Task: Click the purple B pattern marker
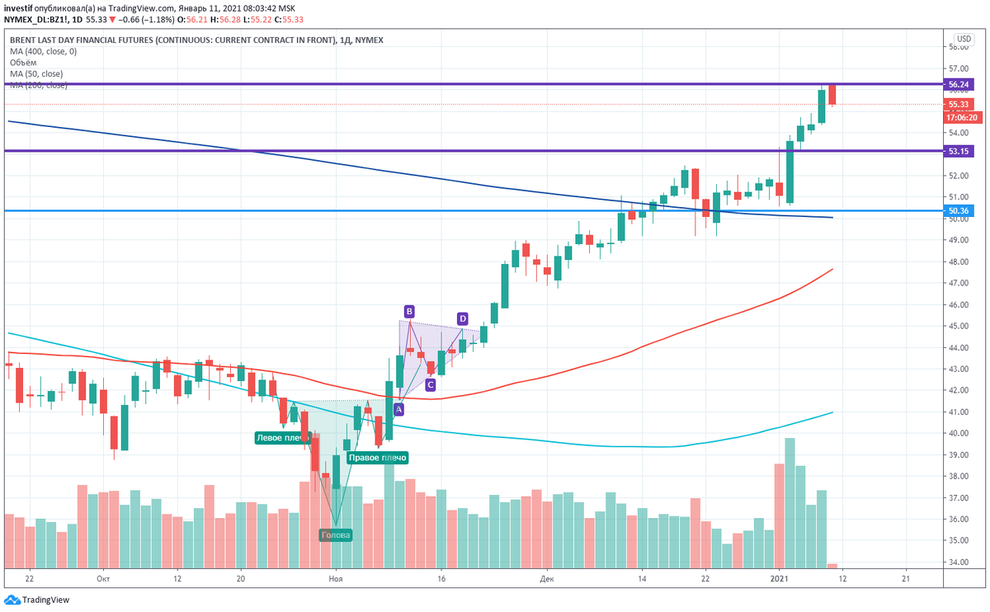[x=409, y=311]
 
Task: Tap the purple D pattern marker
[x=462, y=318]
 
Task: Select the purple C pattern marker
[x=431, y=384]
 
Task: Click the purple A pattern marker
[x=398, y=409]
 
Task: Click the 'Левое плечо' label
[x=282, y=438]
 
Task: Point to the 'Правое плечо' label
[x=377, y=458]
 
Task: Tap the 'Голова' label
[x=336, y=535]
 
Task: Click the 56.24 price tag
[x=959, y=84]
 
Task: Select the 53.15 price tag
[x=959, y=151]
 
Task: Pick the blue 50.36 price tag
[x=959, y=211]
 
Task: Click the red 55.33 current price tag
[x=959, y=105]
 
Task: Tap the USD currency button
[x=963, y=40]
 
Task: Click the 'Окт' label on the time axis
[x=102, y=580]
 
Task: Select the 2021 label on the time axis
[x=780, y=580]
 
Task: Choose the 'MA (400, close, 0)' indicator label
[x=43, y=51]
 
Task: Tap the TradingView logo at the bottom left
[x=37, y=600]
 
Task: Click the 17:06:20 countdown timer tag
[x=961, y=117]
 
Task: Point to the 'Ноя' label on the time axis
[x=335, y=580]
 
